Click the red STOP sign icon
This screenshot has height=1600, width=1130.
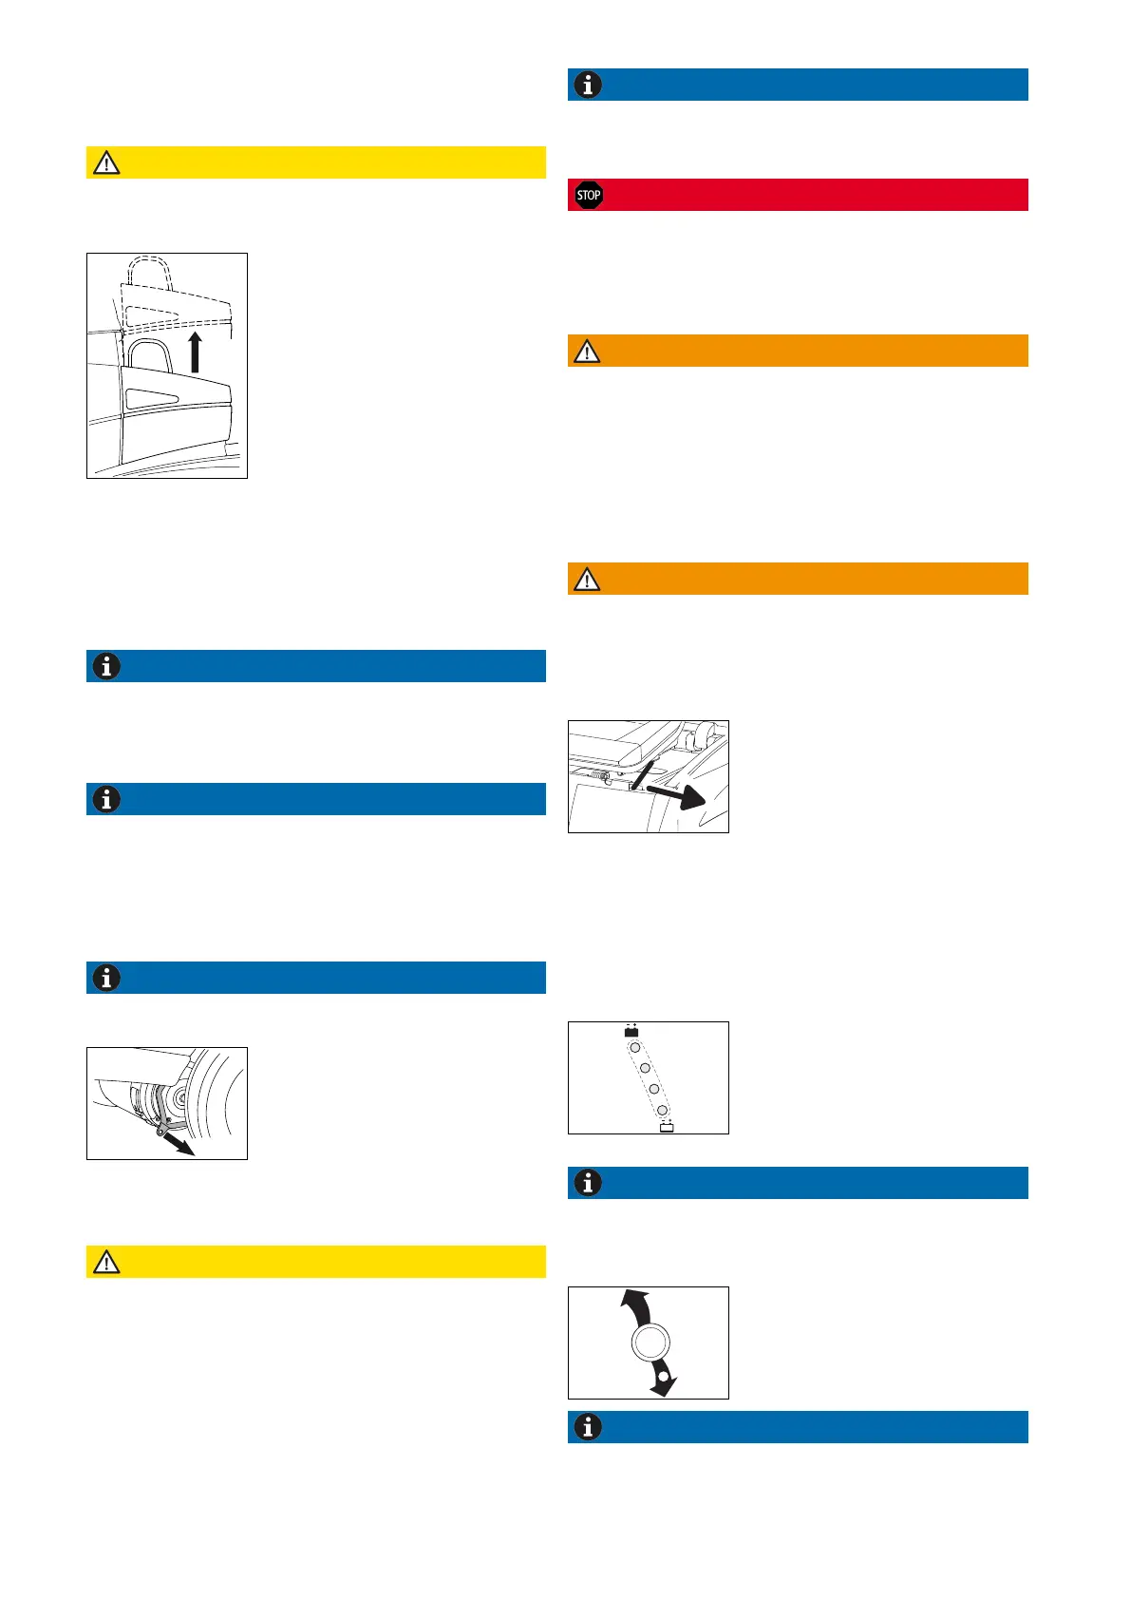589,196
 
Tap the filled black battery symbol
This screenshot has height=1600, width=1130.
631,1031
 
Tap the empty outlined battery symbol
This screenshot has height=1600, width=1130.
667,1128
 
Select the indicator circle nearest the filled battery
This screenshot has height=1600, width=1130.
635,1047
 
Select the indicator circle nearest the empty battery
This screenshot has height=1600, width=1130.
663,1110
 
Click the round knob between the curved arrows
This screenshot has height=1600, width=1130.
650,1343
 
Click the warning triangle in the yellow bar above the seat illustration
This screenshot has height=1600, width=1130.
106,163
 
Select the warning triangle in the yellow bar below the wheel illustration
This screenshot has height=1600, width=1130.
106,1262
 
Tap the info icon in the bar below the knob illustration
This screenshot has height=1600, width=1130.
589,1427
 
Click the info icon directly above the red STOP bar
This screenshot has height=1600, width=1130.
589,85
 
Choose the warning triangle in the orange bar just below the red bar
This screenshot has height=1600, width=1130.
588,352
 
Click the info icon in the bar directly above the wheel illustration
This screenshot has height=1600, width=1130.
106,978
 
